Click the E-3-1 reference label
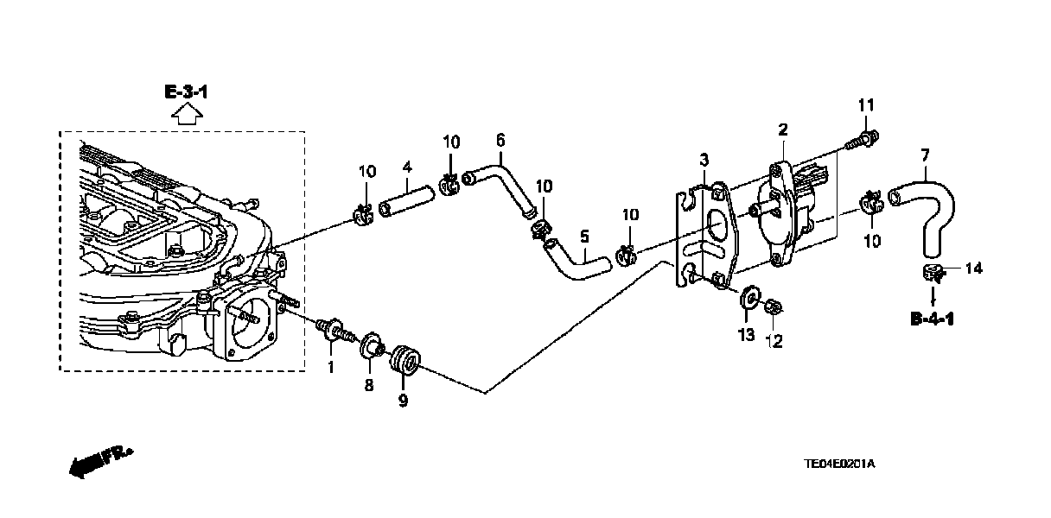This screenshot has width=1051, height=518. tap(185, 92)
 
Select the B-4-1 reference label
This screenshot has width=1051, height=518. tap(932, 319)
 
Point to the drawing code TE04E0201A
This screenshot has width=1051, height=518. tap(840, 464)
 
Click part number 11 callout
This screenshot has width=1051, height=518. tap(866, 105)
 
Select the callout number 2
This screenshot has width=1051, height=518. tap(783, 130)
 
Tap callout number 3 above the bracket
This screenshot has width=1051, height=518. tap(704, 160)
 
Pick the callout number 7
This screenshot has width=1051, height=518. tap(925, 155)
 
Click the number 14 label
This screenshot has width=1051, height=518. tap(973, 268)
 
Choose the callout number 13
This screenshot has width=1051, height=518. tap(746, 333)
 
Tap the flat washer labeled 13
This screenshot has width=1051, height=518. tap(748, 300)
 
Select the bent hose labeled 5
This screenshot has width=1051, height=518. tap(575, 262)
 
